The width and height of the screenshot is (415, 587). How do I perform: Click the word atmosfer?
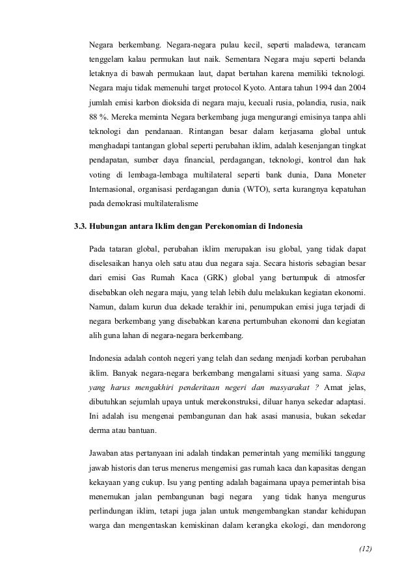coord(349,277)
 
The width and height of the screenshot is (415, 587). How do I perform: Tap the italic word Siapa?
coord(353,373)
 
